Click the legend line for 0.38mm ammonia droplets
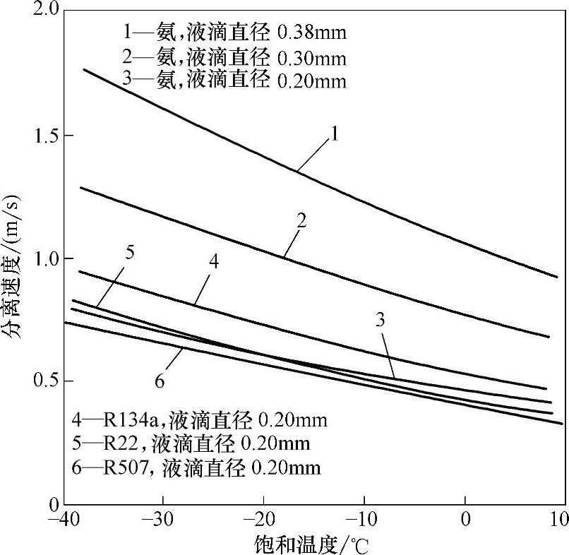point(233,32)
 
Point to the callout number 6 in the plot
point(160,381)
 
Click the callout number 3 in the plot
point(380,320)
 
